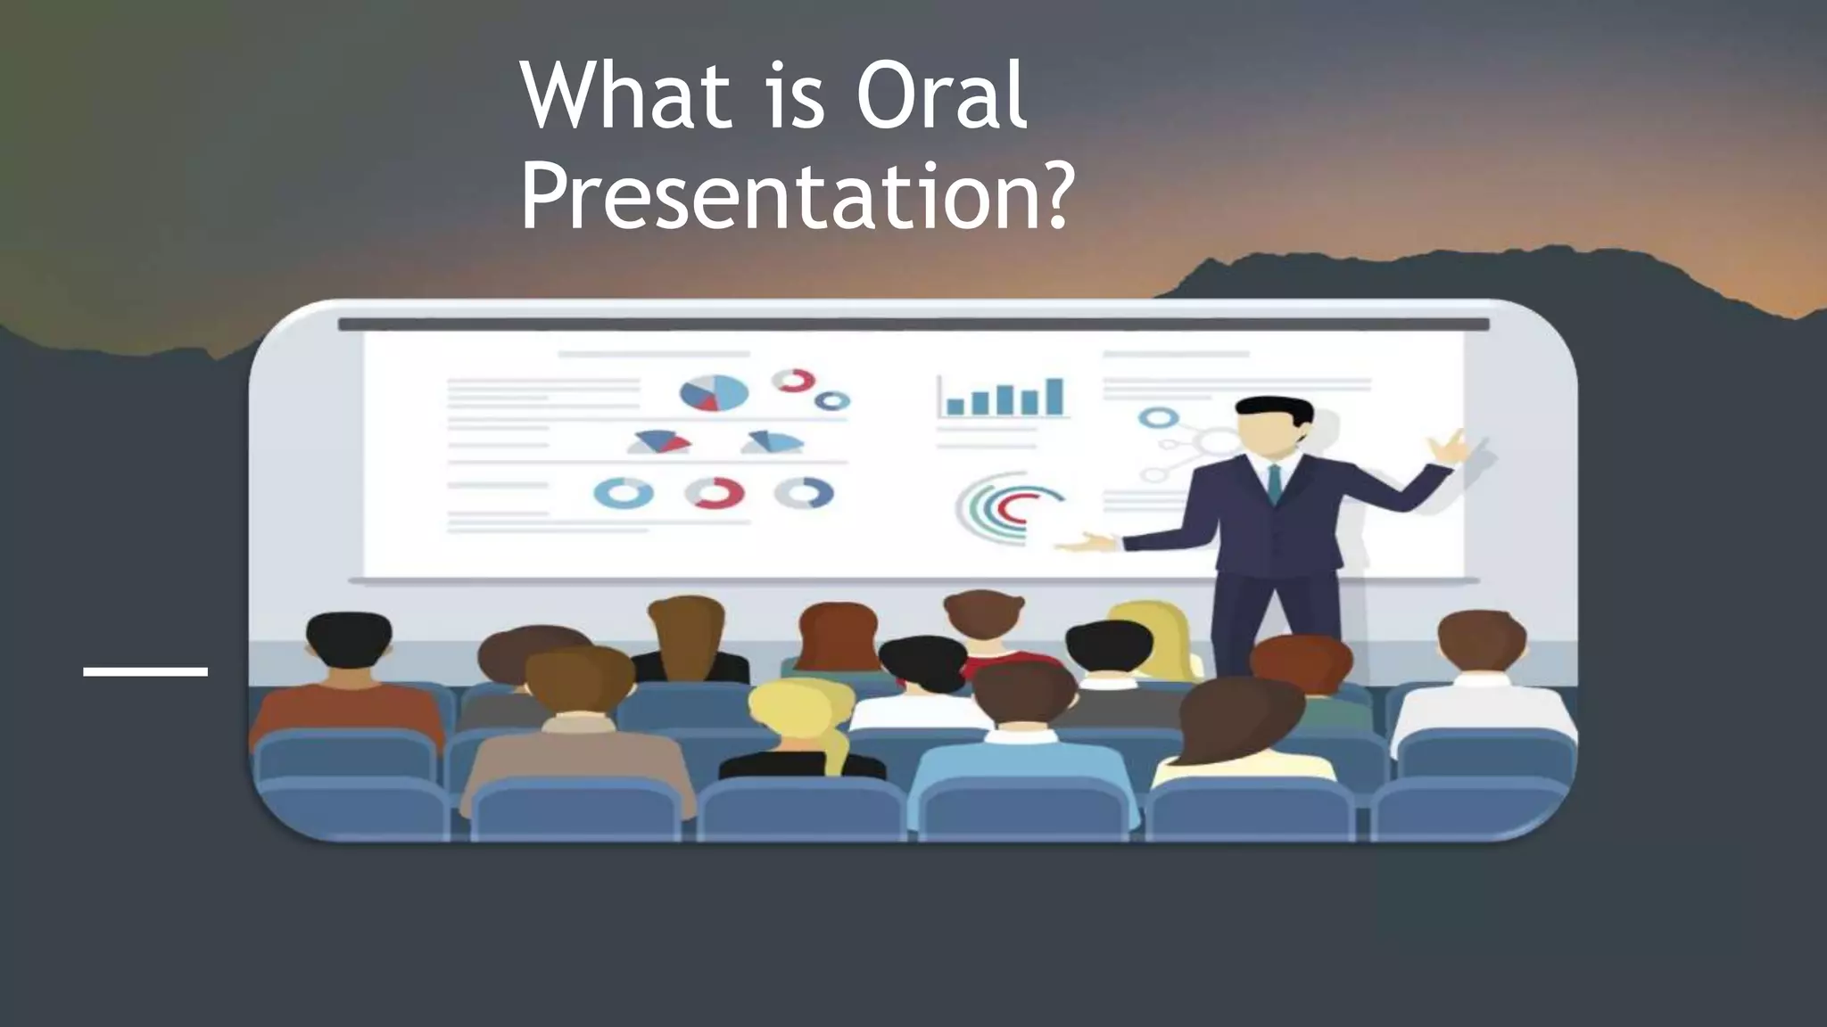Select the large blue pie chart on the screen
(x=714, y=393)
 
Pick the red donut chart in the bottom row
(x=715, y=493)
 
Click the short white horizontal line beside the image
(x=145, y=671)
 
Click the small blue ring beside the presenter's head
(x=1157, y=416)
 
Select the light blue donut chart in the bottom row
(x=624, y=493)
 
